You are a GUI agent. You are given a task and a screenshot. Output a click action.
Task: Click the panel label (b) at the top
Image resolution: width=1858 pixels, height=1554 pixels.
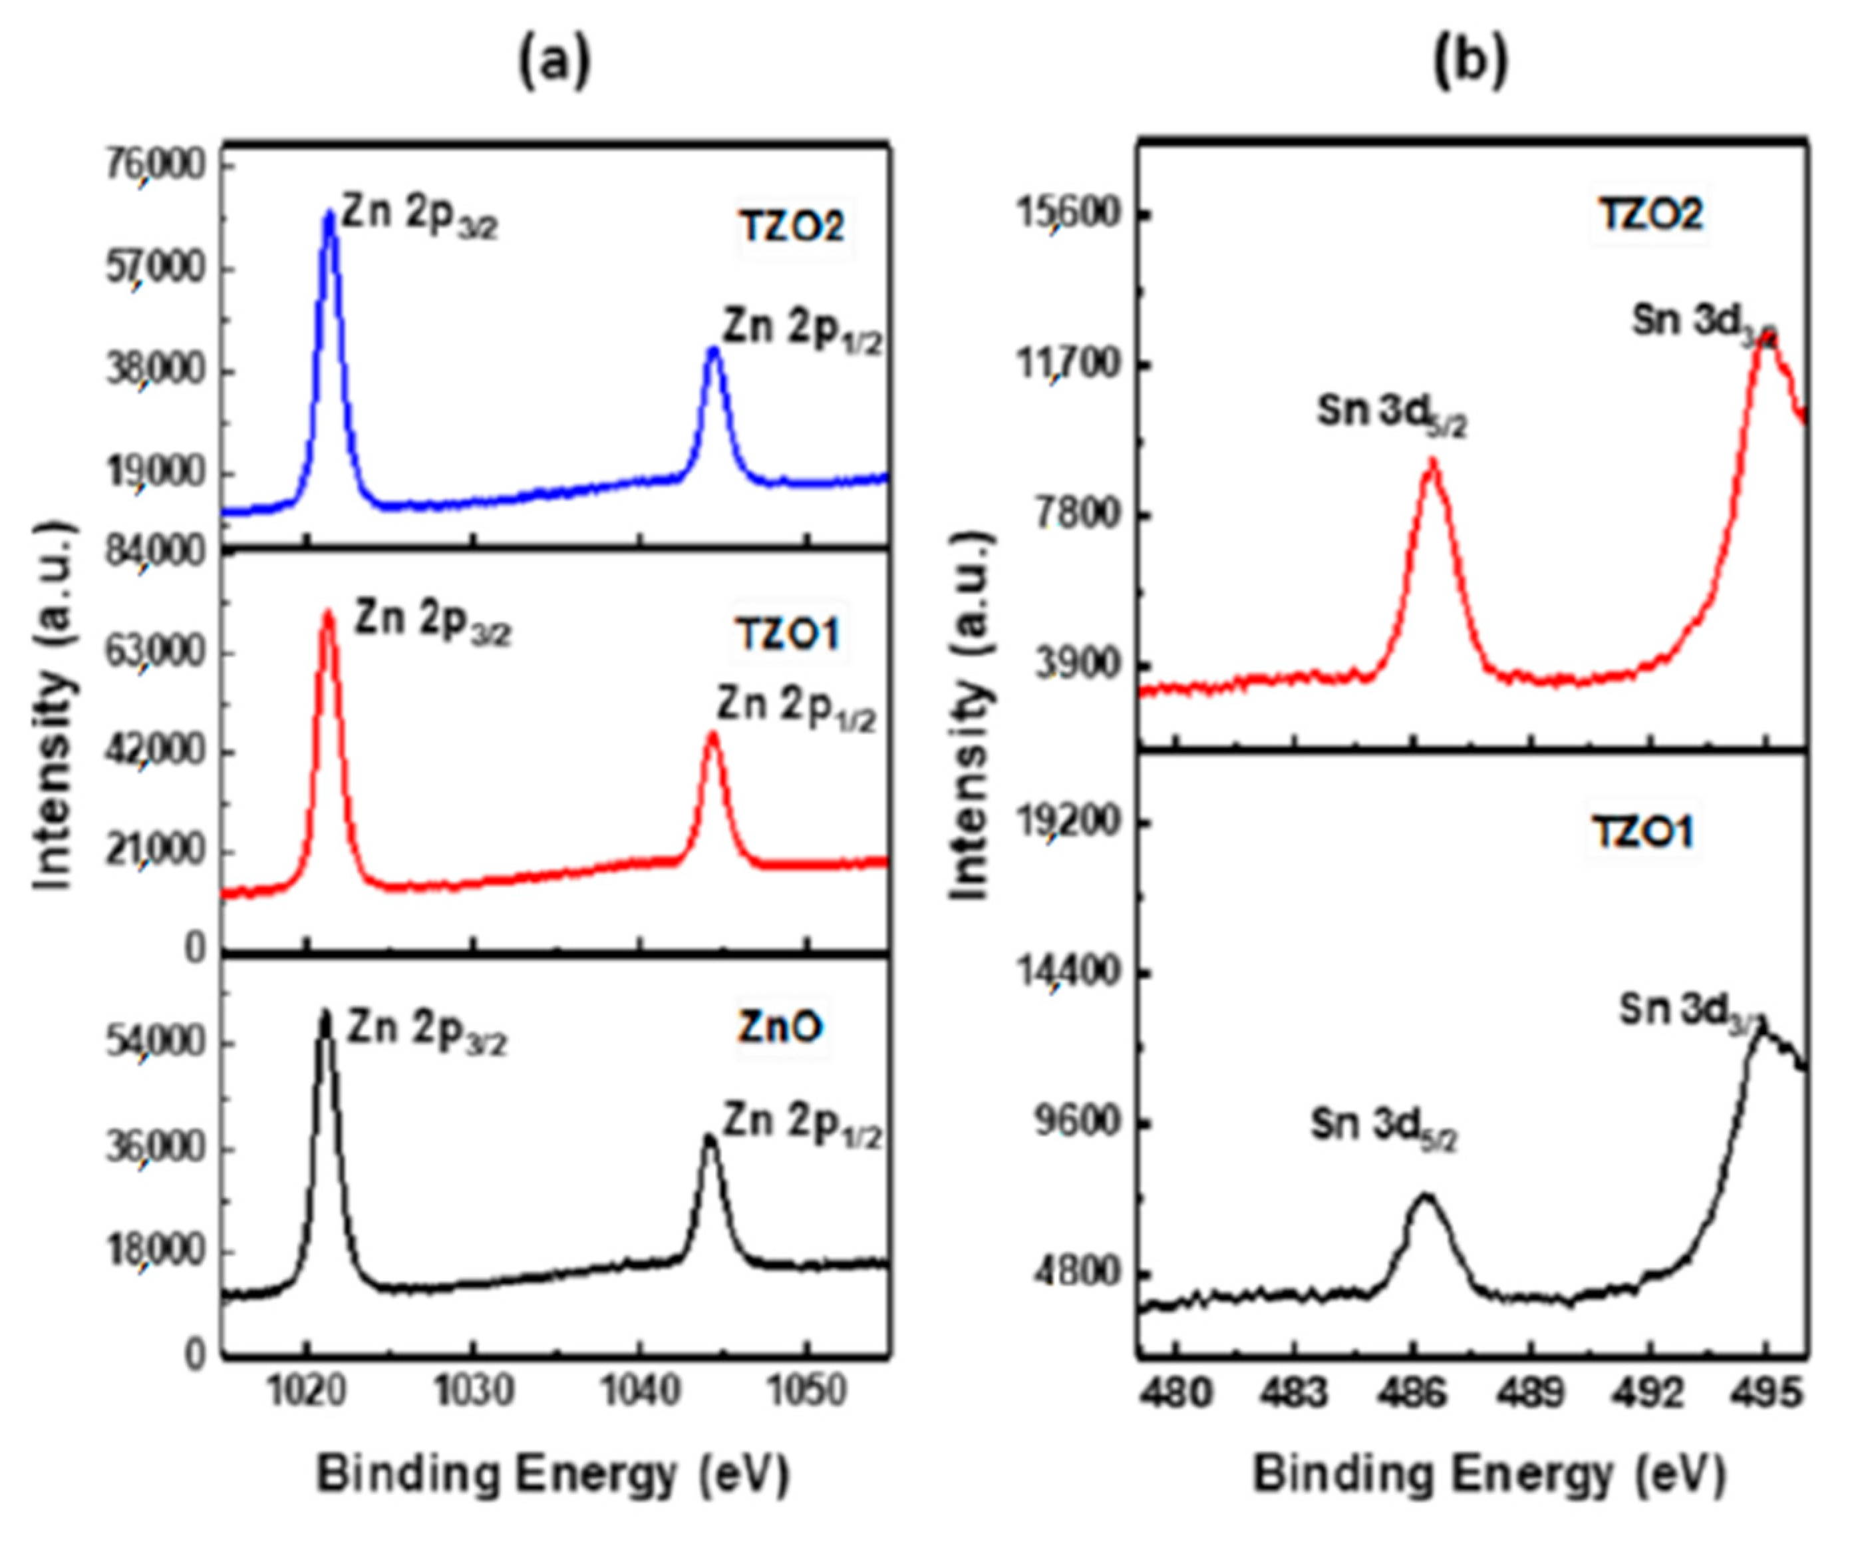coord(1470,64)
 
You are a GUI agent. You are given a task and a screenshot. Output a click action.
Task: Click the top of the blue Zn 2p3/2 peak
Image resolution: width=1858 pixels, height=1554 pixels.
coord(330,213)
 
